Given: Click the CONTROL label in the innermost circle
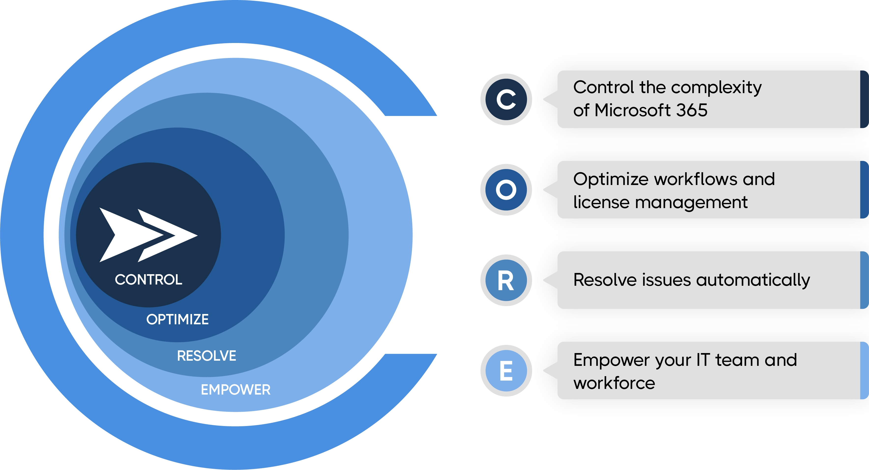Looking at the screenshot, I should (x=148, y=280).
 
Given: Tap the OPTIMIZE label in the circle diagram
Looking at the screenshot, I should (x=178, y=319).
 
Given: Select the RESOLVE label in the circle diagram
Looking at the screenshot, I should (x=207, y=356).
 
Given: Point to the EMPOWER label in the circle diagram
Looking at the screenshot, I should (x=235, y=390).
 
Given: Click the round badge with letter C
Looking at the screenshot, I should (x=506, y=99).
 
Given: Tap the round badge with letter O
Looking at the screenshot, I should (x=506, y=190).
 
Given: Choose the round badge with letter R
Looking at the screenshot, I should (x=506, y=280).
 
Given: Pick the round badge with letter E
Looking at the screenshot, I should (x=506, y=371).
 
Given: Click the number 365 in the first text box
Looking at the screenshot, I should (x=691, y=110).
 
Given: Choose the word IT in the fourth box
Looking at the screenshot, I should (x=703, y=360).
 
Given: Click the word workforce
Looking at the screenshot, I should (x=614, y=383).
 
